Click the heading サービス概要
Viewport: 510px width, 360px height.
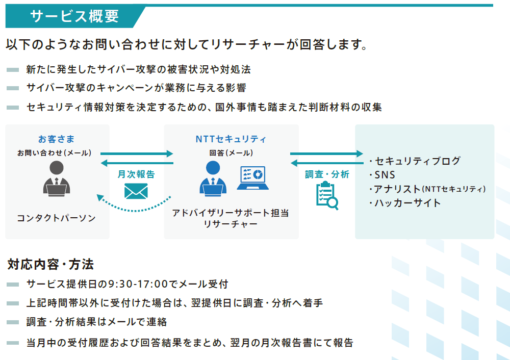click(x=74, y=16)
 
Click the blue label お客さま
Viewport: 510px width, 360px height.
click(x=56, y=139)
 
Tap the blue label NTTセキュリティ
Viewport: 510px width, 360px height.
click(x=231, y=139)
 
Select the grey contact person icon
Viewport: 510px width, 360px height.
click(x=57, y=178)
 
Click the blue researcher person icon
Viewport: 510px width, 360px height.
click(x=213, y=178)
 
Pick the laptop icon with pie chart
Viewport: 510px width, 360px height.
click(x=253, y=178)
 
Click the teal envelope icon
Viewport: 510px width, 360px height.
click(x=136, y=191)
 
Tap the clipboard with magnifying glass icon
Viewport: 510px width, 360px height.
click(x=327, y=196)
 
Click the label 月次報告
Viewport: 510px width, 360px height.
click(x=136, y=174)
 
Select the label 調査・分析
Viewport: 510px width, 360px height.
click(x=327, y=174)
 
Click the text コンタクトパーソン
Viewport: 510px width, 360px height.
click(x=56, y=218)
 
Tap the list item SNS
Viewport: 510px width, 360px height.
click(x=385, y=175)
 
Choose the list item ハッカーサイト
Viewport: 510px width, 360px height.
click(x=407, y=203)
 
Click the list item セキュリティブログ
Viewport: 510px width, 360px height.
click(x=418, y=161)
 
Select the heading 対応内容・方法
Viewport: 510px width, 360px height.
click(x=50, y=264)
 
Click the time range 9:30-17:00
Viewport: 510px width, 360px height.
click(x=138, y=284)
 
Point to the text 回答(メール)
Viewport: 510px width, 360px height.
click(x=231, y=153)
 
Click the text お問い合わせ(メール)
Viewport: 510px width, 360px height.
click(x=55, y=153)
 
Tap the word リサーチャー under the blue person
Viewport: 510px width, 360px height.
click(x=231, y=224)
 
